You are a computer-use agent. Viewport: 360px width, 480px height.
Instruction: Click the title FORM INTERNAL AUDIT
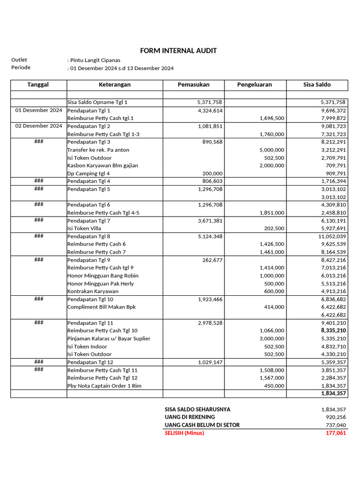[x=178, y=51]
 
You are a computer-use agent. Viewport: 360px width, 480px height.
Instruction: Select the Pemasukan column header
[x=194, y=85]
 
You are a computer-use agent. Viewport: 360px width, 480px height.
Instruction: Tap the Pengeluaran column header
[x=255, y=85]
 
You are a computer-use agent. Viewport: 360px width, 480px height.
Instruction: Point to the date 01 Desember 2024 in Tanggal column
[x=38, y=111]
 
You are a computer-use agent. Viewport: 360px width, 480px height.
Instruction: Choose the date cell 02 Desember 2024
[x=38, y=126]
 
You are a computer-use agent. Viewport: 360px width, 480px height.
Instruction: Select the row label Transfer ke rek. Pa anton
[x=98, y=150]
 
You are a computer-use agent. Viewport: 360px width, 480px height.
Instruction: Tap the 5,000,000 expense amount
[x=272, y=150]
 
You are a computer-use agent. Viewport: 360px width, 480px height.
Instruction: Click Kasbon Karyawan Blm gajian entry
[x=103, y=165]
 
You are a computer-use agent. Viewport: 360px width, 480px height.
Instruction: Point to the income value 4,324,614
[x=210, y=111]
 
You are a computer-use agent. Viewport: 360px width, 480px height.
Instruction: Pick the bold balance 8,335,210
[x=333, y=330]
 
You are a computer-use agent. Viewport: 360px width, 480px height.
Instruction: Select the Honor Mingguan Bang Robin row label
[x=103, y=276]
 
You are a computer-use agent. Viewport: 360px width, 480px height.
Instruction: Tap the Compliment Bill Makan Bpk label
[x=101, y=307]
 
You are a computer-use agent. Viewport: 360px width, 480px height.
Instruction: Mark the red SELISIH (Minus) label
[x=184, y=433]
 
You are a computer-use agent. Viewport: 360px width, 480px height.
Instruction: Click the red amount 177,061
[x=335, y=433]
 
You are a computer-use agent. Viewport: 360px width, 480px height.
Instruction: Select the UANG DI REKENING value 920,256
[x=336, y=417]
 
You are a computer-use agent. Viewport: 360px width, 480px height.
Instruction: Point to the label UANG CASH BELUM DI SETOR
[x=202, y=425]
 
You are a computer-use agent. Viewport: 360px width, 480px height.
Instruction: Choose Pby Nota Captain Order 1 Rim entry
[x=104, y=386]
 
